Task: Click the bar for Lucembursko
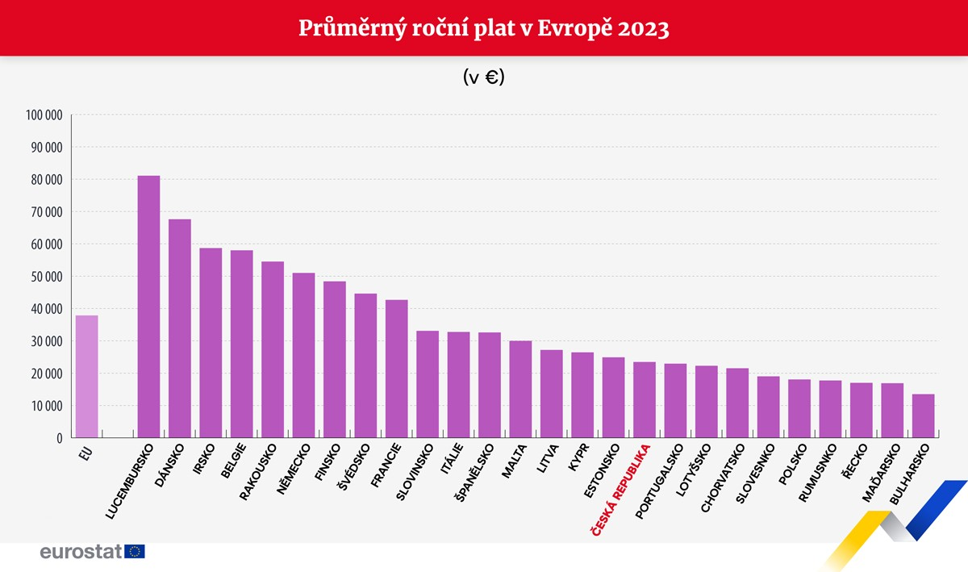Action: point(148,307)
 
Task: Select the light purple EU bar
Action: point(87,377)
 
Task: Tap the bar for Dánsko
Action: point(180,328)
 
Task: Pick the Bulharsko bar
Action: point(923,416)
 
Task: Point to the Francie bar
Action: point(396,369)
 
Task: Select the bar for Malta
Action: point(520,390)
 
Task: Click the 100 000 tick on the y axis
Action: point(44,115)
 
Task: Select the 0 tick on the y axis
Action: point(60,438)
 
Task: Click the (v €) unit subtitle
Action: point(484,77)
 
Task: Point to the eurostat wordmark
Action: point(81,552)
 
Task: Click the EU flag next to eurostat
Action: point(136,552)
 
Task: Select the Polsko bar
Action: point(799,409)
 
